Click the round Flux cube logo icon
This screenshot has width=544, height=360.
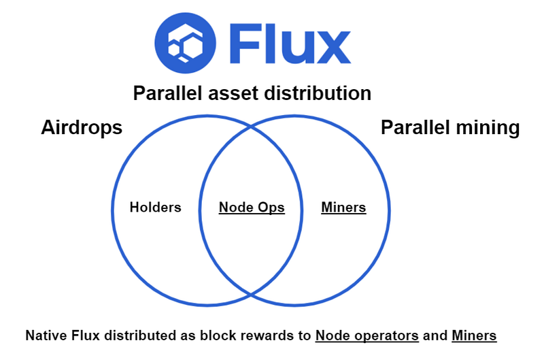click(x=185, y=43)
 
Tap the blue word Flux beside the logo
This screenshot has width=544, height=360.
click(x=290, y=44)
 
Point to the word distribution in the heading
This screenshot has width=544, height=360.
click(x=318, y=93)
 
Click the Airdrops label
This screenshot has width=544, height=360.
click(x=82, y=127)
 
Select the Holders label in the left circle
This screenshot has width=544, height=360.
click(x=156, y=208)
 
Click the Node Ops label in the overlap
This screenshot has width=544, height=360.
click(x=252, y=208)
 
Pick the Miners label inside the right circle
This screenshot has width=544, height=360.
click(x=343, y=208)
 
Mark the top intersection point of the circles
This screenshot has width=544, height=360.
click(x=251, y=127)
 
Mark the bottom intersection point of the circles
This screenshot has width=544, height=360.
click(x=251, y=295)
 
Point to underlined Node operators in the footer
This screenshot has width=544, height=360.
click(x=367, y=336)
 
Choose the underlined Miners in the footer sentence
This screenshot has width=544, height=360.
click(x=474, y=336)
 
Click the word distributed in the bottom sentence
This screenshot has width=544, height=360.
click(x=140, y=336)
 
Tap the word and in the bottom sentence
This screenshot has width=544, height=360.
click(x=435, y=336)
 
